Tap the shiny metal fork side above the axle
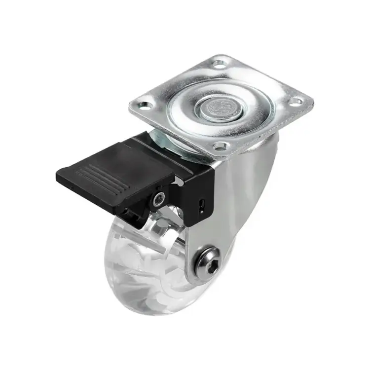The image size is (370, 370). coord(232,207)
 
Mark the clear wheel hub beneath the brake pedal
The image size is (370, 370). coord(148,232)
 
